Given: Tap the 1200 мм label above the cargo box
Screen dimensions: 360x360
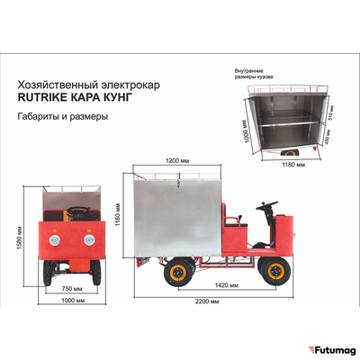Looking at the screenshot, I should point(177,160).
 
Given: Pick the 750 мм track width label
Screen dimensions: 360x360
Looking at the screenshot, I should point(72,288).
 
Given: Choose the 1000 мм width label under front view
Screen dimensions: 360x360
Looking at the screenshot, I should point(72,301).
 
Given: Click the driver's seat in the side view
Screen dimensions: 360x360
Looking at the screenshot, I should point(232,227).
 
